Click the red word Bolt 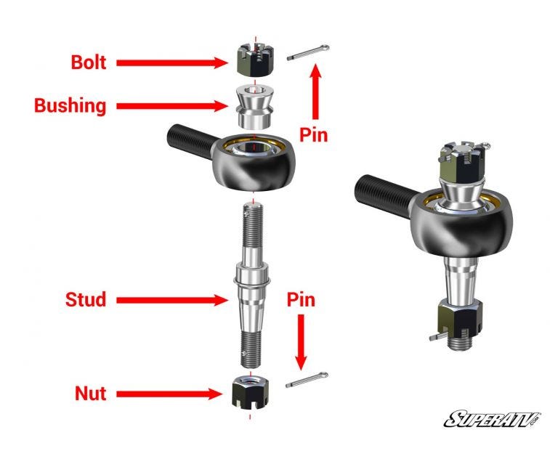(x=89, y=62)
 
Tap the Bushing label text (x=70, y=105)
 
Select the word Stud (x=86, y=299)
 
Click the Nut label (x=91, y=394)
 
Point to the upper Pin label (x=314, y=134)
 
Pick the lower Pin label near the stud (x=301, y=300)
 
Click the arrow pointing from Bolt (x=172, y=62)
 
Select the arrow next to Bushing (x=172, y=106)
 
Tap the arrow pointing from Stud (x=172, y=300)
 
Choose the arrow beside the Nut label (x=169, y=394)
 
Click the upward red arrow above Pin (x=316, y=92)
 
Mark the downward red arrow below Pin (x=301, y=342)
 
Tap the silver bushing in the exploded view (x=254, y=107)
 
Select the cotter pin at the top (x=308, y=52)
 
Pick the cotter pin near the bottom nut (x=307, y=380)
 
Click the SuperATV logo (x=492, y=419)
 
